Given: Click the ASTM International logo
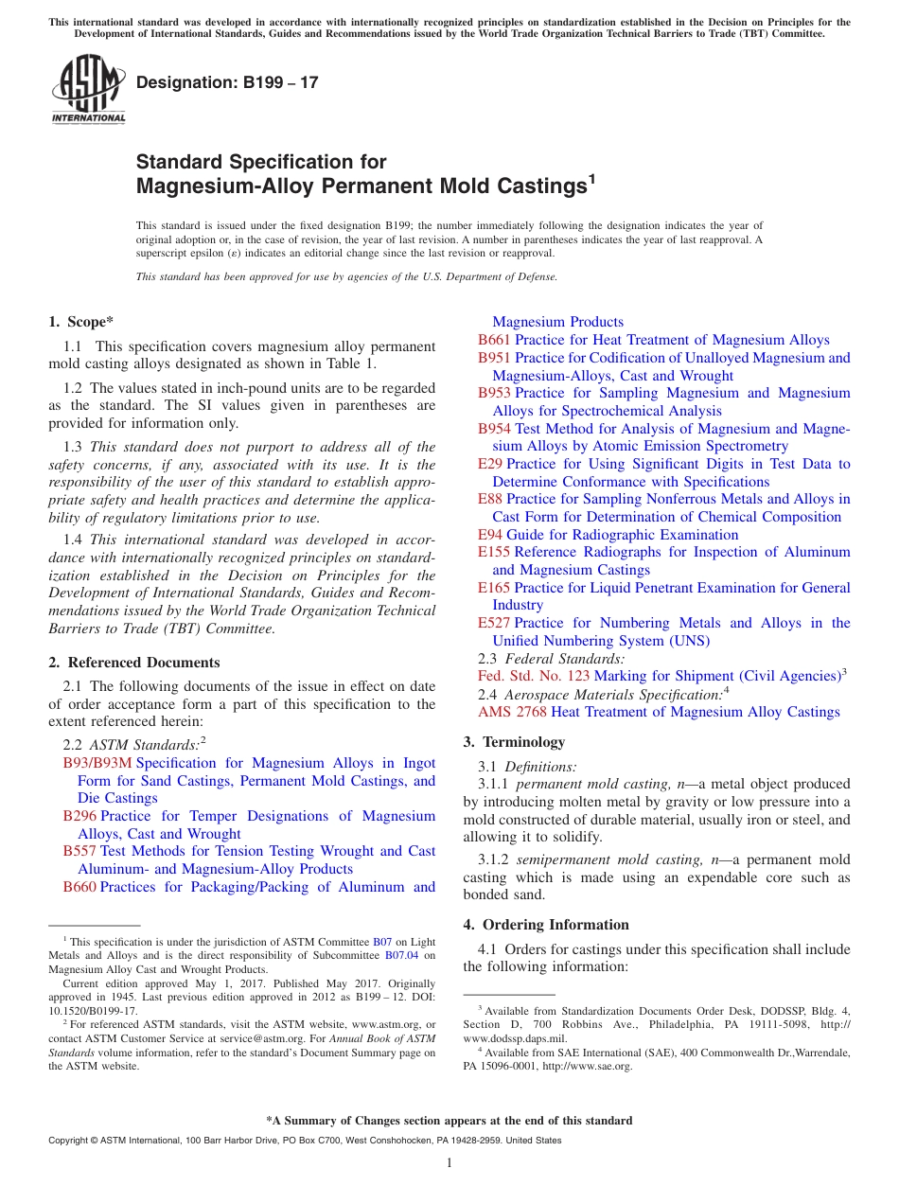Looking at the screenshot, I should pos(88,90).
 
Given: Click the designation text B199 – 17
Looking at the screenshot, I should pos(227,83).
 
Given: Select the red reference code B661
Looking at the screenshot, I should pos(494,340).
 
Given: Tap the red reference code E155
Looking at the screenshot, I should pos(494,552).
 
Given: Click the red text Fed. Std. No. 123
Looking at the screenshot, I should pos(534,676).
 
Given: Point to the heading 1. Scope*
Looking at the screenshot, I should pos(80,322).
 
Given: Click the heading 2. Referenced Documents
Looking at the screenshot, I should pos(134,663).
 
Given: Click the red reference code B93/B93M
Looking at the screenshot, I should pos(97,763).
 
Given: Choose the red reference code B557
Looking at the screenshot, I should pos(79,851).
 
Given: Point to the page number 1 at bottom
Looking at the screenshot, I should pos(449,1163).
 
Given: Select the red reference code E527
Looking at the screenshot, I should pos(494,623).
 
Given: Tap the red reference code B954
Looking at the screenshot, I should pos(494,429).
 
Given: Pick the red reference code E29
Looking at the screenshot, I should pos(490,464).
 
